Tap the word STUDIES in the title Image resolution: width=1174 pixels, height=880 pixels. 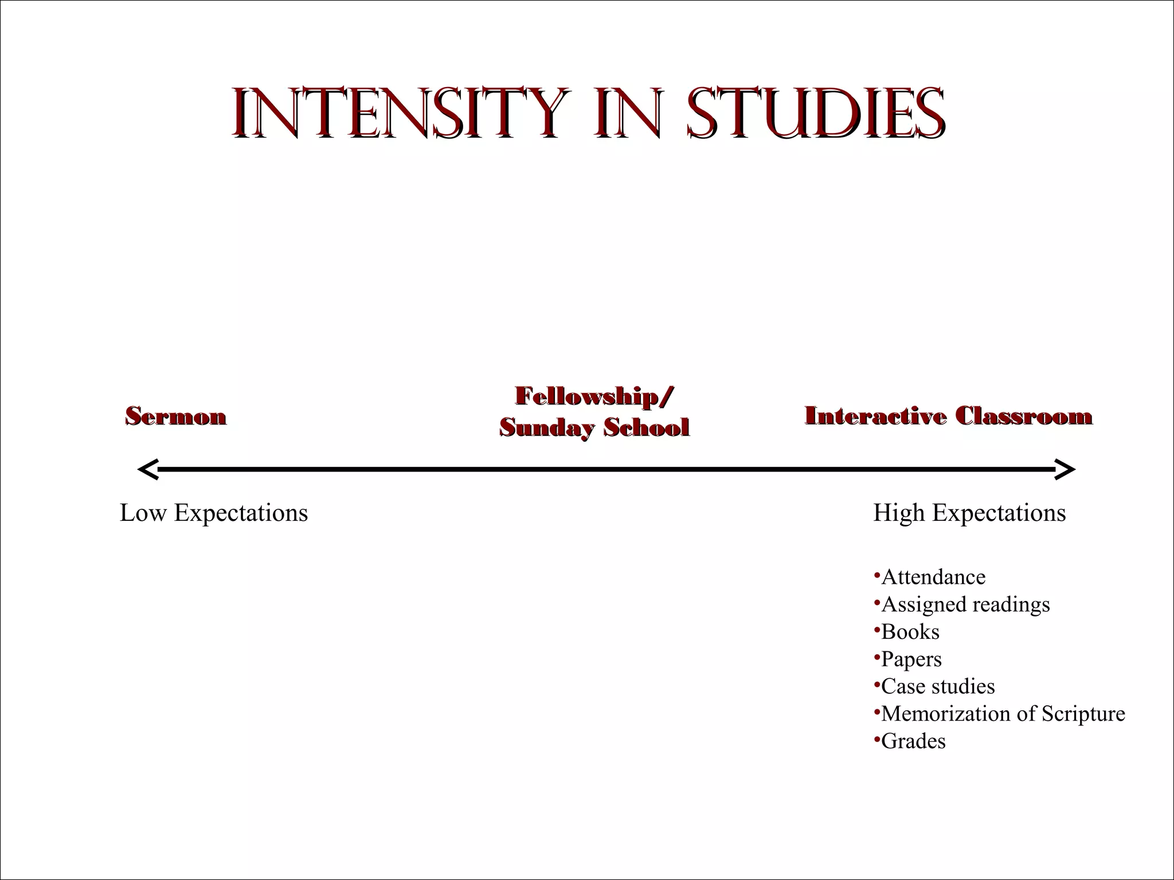pyautogui.click(x=816, y=113)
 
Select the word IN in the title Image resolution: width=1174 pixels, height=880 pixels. pyautogui.click(x=629, y=113)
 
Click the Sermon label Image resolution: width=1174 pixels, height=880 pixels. pyautogui.click(x=176, y=417)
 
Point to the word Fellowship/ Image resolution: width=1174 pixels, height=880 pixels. pyautogui.click(x=594, y=396)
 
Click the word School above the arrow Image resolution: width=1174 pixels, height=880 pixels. pyautogui.click(x=646, y=427)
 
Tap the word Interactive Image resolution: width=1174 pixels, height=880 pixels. pyautogui.click(x=875, y=417)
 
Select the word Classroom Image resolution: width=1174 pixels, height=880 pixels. pyautogui.click(x=1024, y=417)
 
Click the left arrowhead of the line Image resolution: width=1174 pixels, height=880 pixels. pyautogui.click(x=147, y=470)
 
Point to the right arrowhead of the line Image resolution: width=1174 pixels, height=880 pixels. pyautogui.click(x=1066, y=470)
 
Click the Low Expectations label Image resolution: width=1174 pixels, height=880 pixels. pyautogui.click(x=214, y=513)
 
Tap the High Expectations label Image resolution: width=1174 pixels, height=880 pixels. pyautogui.click(x=969, y=513)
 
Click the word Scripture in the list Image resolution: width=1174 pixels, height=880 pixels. pyautogui.click(x=1083, y=714)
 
